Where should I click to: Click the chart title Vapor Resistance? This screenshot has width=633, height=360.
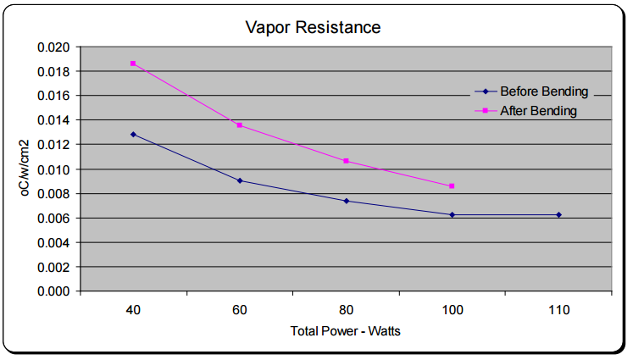click(313, 27)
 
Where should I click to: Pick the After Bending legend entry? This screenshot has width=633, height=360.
click(538, 111)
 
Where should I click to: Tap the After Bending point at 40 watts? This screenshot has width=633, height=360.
click(133, 64)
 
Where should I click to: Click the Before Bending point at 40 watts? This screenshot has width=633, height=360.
click(133, 134)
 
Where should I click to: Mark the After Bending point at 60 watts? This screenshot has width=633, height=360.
click(240, 125)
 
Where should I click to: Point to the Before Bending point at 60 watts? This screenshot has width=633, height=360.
click(240, 180)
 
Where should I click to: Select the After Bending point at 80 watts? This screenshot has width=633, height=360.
click(346, 161)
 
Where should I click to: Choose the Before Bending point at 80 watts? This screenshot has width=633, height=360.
click(346, 201)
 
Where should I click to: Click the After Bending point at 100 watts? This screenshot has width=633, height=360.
click(452, 186)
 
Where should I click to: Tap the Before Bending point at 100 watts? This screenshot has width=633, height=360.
click(452, 214)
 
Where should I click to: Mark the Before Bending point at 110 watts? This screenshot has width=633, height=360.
click(558, 214)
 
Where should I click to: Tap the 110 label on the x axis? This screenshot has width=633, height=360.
click(558, 312)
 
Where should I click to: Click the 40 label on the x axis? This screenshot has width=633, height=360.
click(133, 312)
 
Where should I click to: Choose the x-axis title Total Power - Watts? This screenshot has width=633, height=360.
click(345, 331)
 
